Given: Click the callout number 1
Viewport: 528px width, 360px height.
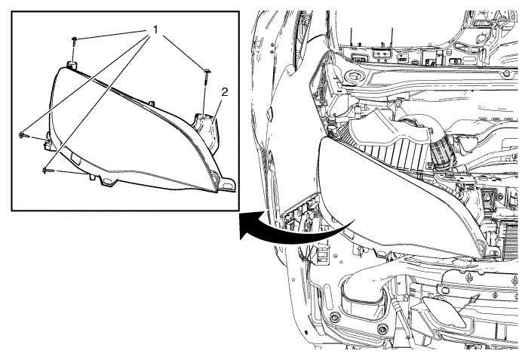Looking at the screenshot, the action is [x=155, y=30].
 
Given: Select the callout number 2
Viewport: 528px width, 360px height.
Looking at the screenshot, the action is [x=224, y=92].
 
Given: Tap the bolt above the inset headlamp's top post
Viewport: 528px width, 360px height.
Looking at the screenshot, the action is [x=74, y=40].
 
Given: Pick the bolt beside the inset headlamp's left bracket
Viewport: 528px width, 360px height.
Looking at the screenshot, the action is [x=23, y=135].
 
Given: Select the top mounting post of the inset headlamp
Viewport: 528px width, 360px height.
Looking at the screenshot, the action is [x=72, y=65].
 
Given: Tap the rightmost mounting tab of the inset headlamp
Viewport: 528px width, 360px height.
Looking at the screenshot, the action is [x=227, y=184].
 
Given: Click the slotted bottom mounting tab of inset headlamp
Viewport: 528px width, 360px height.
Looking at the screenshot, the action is [x=108, y=181].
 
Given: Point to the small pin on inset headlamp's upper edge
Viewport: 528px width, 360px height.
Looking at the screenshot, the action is [x=152, y=103].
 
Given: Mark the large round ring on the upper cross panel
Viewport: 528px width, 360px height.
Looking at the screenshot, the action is [x=353, y=75].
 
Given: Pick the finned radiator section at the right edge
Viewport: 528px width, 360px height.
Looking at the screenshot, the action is [x=510, y=242].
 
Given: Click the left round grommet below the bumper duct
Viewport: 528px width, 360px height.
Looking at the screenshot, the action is [x=334, y=318].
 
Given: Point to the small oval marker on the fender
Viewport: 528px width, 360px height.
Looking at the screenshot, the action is [x=269, y=114].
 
